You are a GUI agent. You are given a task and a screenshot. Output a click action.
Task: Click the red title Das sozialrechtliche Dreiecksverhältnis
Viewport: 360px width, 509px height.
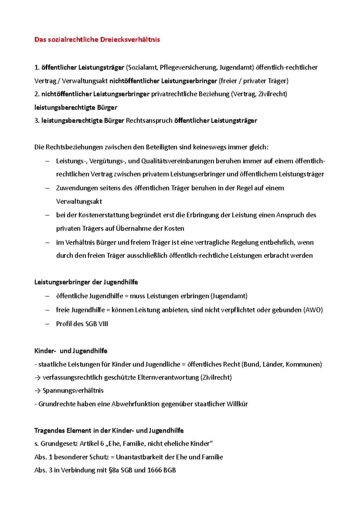click(x=97, y=40)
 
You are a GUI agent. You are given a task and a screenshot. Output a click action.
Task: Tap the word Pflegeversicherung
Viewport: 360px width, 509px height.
click(x=188, y=67)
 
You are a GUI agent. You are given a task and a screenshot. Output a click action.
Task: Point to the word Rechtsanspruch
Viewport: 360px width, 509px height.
click(x=149, y=121)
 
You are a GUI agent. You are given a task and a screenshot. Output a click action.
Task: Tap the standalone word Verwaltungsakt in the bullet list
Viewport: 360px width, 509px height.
click(x=79, y=201)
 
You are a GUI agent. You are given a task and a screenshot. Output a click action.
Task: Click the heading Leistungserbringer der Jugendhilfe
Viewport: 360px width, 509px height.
click(x=86, y=282)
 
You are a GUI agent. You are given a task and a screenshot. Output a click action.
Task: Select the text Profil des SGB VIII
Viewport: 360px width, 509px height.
click(x=82, y=324)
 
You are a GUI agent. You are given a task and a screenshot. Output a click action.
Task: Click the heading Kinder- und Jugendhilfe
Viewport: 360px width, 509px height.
click(x=71, y=351)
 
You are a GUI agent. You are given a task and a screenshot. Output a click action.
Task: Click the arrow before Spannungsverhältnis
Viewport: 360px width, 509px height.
click(x=37, y=391)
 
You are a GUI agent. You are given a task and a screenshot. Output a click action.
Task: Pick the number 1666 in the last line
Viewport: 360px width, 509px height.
click(x=154, y=470)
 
